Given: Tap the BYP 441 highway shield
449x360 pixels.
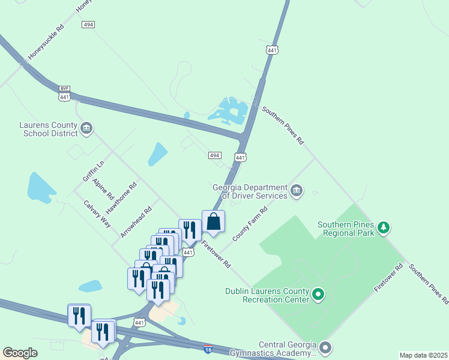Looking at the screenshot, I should pyautogui.click(x=65, y=93).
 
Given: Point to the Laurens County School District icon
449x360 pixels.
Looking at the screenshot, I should pyautogui.click(x=86, y=128).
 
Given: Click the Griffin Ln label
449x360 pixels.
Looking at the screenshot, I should pyautogui.click(x=93, y=171).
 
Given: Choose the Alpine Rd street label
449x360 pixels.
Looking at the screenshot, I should pyautogui.click(x=103, y=187).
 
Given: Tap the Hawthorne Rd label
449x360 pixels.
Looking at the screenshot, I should pyautogui.click(x=121, y=198).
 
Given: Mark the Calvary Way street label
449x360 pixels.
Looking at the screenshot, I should pyautogui.click(x=98, y=213).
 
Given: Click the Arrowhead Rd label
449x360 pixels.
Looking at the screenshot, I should pyautogui.click(x=136, y=223).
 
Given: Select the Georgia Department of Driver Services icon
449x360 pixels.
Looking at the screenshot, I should pyautogui.click(x=296, y=191).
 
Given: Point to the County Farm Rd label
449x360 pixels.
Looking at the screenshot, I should pyautogui.click(x=250, y=224).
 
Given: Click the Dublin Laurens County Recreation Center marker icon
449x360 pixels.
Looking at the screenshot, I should pyautogui.click(x=318, y=295).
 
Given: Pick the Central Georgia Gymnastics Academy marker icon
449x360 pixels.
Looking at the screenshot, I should pyautogui.click(x=325, y=347).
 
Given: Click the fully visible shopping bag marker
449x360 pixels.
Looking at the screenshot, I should pyautogui.click(x=213, y=221).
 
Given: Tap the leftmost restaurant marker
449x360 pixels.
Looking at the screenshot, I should pyautogui.click(x=79, y=315).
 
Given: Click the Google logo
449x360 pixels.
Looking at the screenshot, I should pyautogui.click(x=20, y=353).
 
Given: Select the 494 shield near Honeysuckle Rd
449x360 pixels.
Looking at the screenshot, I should pyautogui.click(x=88, y=25).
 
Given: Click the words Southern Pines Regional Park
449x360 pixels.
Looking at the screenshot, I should pyautogui.click(x=346, y=229).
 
